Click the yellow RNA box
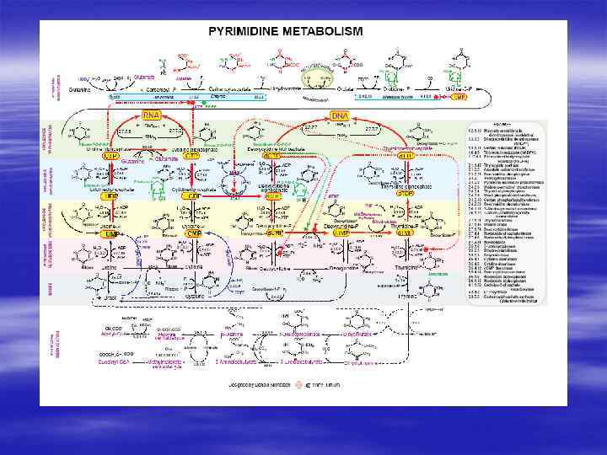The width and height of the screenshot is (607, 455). click(152, 115)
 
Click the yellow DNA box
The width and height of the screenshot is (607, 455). click(339, 115)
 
